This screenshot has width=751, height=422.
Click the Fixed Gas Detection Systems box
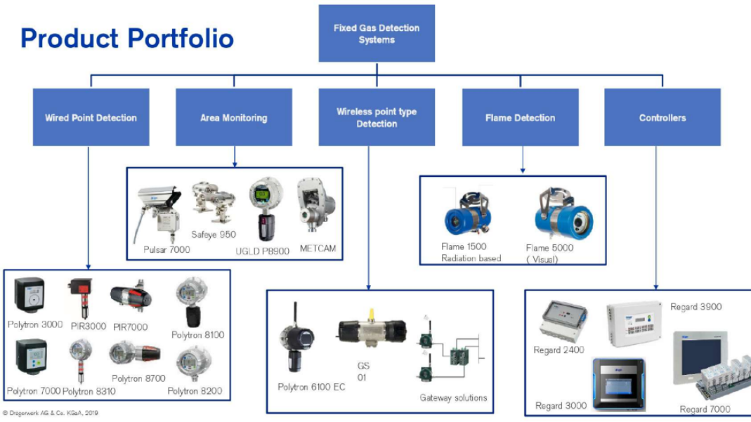click(377, 34)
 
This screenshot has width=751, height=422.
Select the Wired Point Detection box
click(91, 117)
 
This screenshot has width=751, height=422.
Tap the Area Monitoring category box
click(233, 117)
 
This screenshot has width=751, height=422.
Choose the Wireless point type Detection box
click(377, 117)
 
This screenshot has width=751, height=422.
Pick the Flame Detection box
click(520, 117)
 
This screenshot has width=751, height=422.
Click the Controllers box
click(662, 117)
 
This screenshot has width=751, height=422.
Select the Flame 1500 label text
click(464, 246)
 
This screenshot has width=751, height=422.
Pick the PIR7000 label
click(131, 327)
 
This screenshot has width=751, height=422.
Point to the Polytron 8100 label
click(198, 335)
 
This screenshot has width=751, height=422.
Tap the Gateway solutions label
click(453, 398)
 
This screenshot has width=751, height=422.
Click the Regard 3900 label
click(696, 307)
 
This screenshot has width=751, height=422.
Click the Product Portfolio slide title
click(127, 38)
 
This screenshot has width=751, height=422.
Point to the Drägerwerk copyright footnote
click(51, 413)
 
